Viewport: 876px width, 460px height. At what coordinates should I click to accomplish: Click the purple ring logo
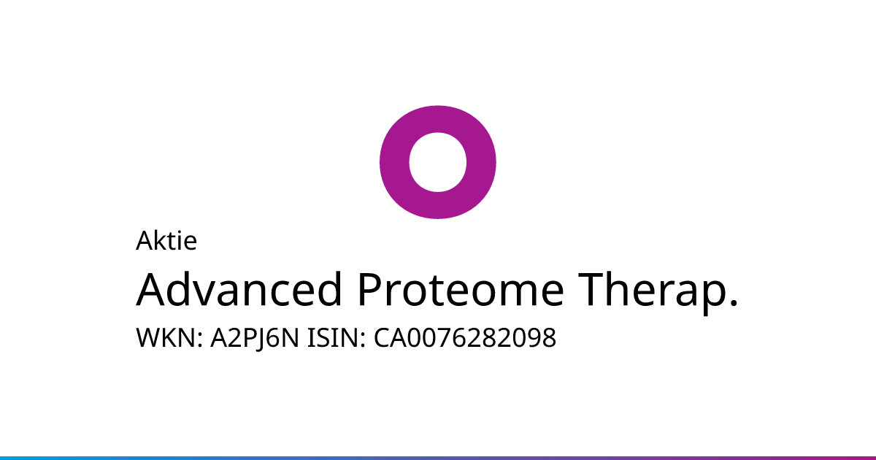point(395,162)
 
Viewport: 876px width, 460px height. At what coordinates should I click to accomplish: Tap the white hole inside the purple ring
point(437,162)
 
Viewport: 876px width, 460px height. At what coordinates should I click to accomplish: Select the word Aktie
point(166,240)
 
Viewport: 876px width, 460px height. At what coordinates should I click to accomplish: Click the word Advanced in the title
point(239,289)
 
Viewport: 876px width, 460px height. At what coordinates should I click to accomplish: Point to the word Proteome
point(461,289)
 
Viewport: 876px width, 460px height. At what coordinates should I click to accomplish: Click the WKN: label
point(169,337)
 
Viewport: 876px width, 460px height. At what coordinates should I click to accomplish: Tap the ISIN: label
point(337,337)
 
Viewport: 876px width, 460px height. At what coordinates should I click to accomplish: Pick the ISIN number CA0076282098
point(465,337)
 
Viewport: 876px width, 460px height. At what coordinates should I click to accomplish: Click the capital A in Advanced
point(153,289)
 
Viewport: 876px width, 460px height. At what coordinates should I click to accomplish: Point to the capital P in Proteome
point(370,289)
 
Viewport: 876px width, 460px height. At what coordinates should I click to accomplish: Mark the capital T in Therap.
point(592,289)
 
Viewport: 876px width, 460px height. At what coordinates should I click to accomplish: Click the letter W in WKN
point(149,337)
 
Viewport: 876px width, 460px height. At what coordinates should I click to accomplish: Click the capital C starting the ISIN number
point(382,337)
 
